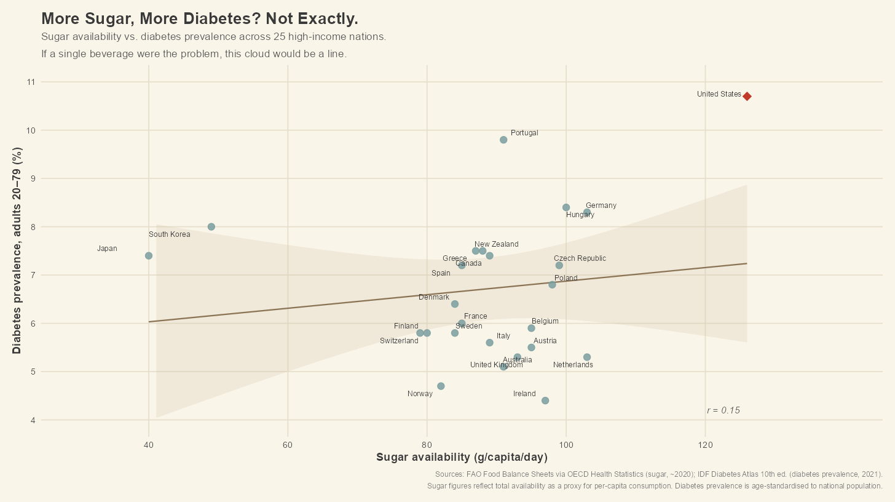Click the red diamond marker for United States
click(x=747, y=96)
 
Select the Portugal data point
click(x=503, y=140)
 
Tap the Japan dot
click(x=148, y=255)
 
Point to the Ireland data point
click(x=545, y=400)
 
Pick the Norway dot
click(x=441, y=386)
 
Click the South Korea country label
click(x=169, y=234)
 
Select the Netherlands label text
click(x=573, y=365)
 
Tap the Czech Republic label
click(x=580, y=258)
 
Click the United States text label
click(x=719, y=94)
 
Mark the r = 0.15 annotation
click(x=723, y=410)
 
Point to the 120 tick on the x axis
click(x=705, y=444)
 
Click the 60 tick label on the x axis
click(x=288, y=444)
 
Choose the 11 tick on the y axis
click(x=31, y=82)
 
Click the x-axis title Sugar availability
click(x=462, y=457)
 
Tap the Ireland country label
click(x=524, y=394)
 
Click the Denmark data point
click(x=455, y=304)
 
